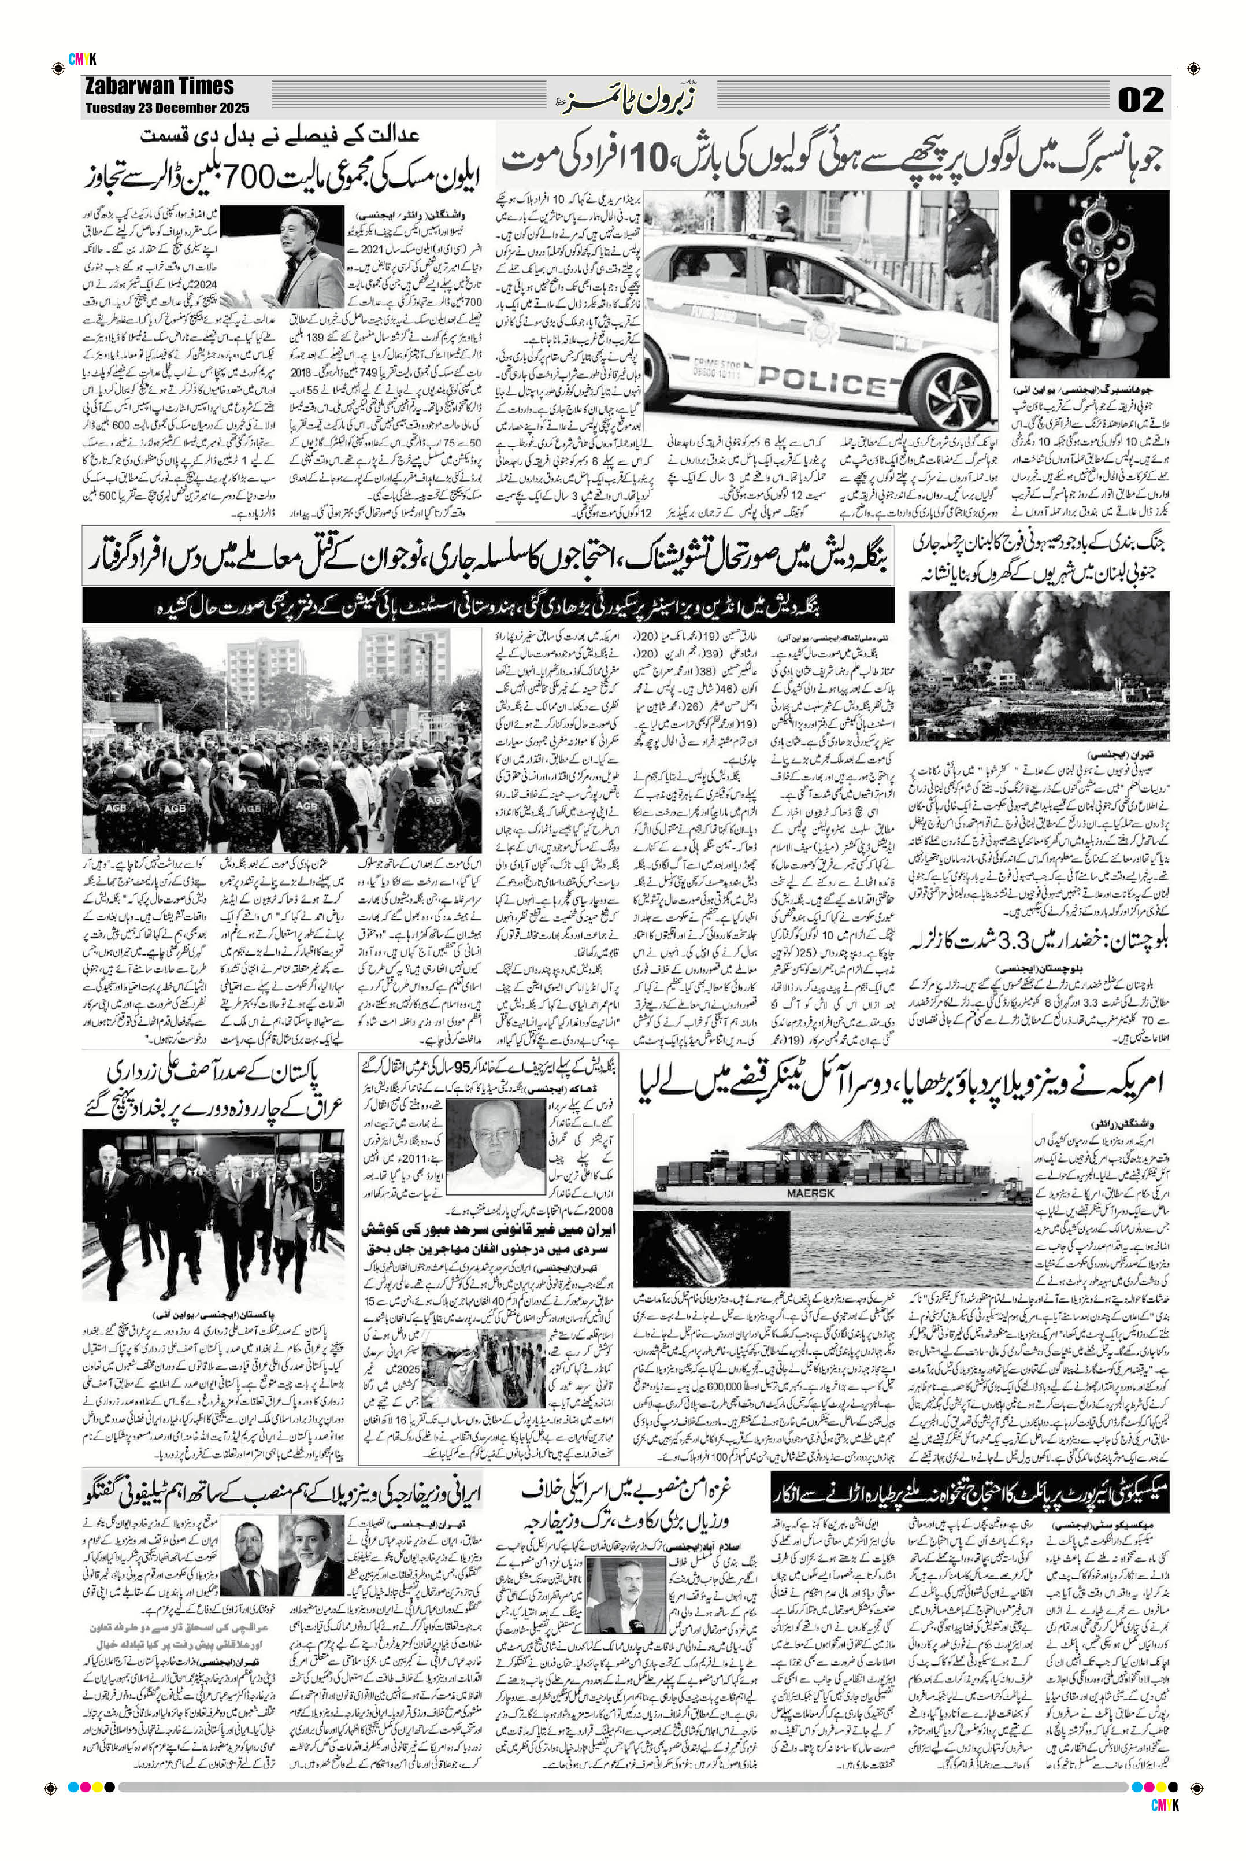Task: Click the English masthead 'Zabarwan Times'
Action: click(x=159, y=86)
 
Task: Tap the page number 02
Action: click(x=1141, y=99)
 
